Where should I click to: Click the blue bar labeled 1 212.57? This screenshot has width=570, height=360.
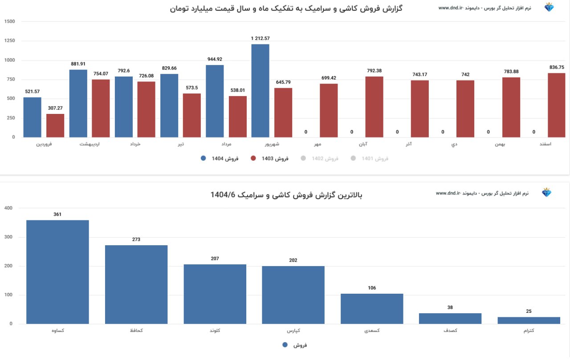click(x=260, y=91)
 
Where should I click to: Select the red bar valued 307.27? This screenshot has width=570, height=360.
click(x=55, y=125)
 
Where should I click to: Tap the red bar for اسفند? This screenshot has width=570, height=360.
click(x=556, y=105)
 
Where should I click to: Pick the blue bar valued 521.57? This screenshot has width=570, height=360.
click(x=32, y=117)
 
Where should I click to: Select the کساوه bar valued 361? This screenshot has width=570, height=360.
click(x=57, y=272)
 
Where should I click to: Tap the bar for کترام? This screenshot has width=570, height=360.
click(x=529, y=320)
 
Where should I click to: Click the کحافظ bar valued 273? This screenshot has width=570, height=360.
click(x=136, y=284)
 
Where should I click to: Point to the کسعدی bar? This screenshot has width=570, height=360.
click(x=372, y=309)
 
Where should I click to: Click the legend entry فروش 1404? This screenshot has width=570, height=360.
click(x=220, y=158)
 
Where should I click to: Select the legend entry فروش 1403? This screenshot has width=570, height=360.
click(x=270, y=158)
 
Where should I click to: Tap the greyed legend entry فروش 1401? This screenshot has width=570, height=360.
click(x=370, y=158)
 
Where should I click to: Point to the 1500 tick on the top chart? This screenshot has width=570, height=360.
click(x=9, y=21)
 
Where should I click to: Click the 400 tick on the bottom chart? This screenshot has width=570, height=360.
click(x=9, y=208)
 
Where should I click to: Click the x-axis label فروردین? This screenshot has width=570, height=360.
click(x=44, y=144)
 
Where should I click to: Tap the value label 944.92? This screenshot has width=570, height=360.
click(x=215, y=59)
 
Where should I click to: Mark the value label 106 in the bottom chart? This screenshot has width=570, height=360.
click(x=372, y=288)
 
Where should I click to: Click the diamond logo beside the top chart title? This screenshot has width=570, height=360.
click(x=549, y=8)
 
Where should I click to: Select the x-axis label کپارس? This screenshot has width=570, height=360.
click(x=293, y=331)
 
